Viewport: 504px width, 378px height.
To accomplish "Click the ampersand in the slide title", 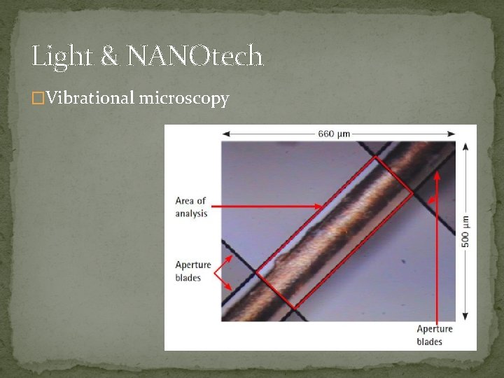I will coord(109,56).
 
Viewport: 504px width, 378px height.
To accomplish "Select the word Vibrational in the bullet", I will coord(89,99).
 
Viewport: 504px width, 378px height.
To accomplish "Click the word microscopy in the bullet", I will coord(184,99).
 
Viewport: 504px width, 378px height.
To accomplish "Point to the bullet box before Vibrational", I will coord(38,99).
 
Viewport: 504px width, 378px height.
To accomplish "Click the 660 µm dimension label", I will coord(334,134).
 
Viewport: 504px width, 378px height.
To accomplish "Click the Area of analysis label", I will coord(191,207).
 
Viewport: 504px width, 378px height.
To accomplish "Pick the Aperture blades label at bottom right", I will coord(435,335).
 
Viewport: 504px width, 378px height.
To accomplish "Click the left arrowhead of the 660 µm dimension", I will coord(225,134).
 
